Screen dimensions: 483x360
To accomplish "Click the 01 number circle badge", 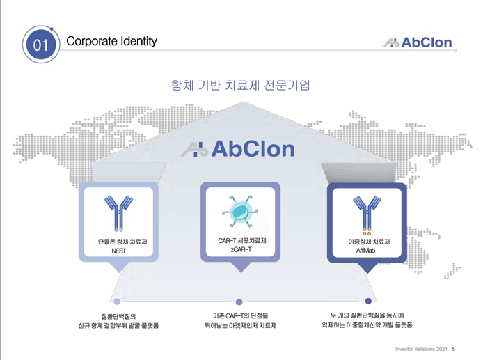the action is pos(41,45).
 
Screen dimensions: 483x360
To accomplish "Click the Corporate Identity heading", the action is pos(111,41).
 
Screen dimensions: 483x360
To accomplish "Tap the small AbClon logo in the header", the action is pos(418,42).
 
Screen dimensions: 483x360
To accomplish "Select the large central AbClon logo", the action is pos(237,149).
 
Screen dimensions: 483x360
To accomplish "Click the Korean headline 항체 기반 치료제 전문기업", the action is pos(241,85).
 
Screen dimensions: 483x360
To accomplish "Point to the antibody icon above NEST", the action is pos(118,213).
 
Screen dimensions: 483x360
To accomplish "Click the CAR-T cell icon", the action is pos(240,212).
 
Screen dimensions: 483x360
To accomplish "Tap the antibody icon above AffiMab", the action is pos(367,215).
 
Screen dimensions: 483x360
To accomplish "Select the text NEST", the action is pos(118,251).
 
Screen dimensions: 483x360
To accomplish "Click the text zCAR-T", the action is pos(241,249).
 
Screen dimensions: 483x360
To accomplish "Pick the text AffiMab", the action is pos(365,251).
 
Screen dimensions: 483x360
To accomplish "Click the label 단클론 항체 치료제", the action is pos(122,242).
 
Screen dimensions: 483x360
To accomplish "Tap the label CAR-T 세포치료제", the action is pos(242,241).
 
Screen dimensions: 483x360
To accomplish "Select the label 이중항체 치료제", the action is pos(369,242).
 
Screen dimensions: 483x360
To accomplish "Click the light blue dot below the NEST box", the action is pos(117,302).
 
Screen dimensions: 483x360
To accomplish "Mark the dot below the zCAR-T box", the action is pos(239,302).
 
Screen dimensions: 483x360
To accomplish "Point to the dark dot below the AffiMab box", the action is pos(368,301).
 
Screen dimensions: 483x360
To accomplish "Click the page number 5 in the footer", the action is pos(454,349).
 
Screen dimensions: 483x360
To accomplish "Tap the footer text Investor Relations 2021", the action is pos(421,349).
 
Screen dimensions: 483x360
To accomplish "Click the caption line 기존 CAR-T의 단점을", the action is pos(241,315).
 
